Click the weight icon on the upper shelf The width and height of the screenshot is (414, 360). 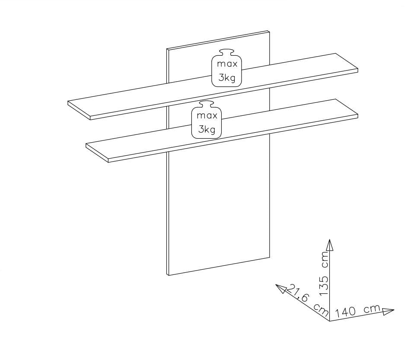227,68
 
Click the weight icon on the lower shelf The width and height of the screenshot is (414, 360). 207,119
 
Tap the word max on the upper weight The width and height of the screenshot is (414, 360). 227,64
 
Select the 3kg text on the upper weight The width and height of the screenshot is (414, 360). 227,78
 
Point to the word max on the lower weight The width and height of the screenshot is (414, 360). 207,115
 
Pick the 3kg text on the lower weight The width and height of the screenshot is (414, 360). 207,129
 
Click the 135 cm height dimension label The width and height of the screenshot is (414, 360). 324,274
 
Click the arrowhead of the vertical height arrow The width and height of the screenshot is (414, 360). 329,244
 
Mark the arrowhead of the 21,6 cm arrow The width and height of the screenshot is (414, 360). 281,288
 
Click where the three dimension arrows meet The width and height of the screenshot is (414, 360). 329,321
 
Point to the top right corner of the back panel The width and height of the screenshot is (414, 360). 270,31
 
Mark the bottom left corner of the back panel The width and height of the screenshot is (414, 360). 167,275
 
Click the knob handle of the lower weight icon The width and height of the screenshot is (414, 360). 207,103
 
